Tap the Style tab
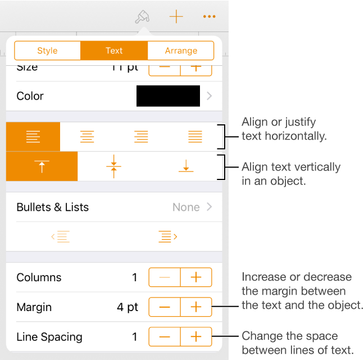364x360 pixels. tap(47, 51)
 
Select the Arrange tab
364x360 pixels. tap(181, 51)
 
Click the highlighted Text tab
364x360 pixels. tap(114, 51)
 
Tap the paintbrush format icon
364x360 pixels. tap(142, 17)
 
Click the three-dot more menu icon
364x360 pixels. tap(210, 17)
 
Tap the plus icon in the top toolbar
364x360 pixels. tap(176, 17)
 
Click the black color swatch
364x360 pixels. tap(168, 96)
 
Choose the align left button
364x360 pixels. tap(33, 137)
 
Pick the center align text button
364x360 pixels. tap(87, 137)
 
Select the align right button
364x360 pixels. tap(141, 137)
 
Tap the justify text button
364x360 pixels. tap(195, 137)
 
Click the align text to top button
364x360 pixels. tap(42, 166)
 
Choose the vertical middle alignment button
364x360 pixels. tap(114, 166)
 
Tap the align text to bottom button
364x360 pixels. tap(186, 166)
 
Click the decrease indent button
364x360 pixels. tap(60, 237)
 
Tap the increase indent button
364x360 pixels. tap(168, 237)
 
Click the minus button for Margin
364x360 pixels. tap(165, 307)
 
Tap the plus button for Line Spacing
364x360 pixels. tap(196, 337)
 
